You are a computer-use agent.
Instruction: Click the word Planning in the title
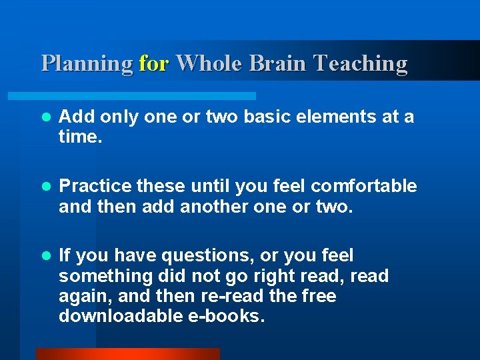(87, 64)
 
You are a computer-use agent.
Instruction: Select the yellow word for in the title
(155, 63)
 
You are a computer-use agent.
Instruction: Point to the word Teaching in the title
(361, 64)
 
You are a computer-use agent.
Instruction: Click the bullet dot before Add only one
(45, 117)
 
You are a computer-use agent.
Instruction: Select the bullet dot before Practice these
(45, 187)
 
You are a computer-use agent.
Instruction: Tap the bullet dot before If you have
(45, 256)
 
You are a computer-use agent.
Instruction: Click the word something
(105, 275)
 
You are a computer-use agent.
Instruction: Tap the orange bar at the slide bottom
(127, 354)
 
